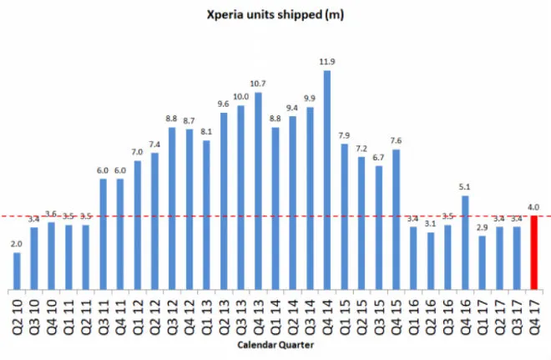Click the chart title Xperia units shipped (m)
275,14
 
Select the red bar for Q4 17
533,251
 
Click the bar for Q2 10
18,269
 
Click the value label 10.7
258,84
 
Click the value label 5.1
464,187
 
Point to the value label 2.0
18,244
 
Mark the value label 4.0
533,207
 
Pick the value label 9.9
310,99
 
